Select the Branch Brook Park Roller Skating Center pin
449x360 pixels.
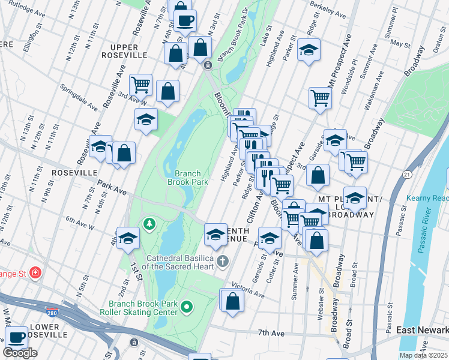tap(187, 308)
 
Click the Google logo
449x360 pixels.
tap(20, 353)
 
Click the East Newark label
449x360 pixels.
tap(422, 331)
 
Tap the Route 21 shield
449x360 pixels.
tap(406, 174)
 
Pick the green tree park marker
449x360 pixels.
tap(148, 224)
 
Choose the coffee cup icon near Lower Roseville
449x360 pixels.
tap(16, 337)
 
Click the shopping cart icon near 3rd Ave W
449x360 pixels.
tap(141, 85)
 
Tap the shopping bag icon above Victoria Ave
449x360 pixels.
tap(232, 299)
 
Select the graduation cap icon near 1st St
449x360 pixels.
tap(128, 238)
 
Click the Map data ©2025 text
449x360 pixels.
tap(424, 355)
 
